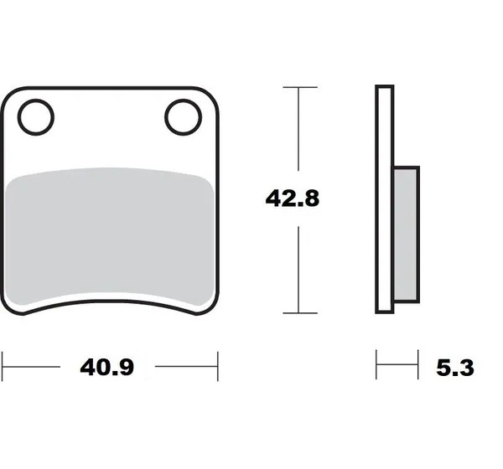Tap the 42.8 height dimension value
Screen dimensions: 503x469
[293, 198]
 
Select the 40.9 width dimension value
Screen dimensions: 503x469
[106, 367]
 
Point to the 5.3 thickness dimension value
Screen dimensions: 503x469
[455, 368]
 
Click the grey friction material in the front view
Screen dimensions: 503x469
[110, 236]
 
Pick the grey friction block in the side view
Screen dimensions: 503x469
[406, 234]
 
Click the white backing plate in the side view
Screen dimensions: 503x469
[384, 199]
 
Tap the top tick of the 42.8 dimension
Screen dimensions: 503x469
[300, 87]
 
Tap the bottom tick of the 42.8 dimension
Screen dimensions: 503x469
[300, 313]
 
